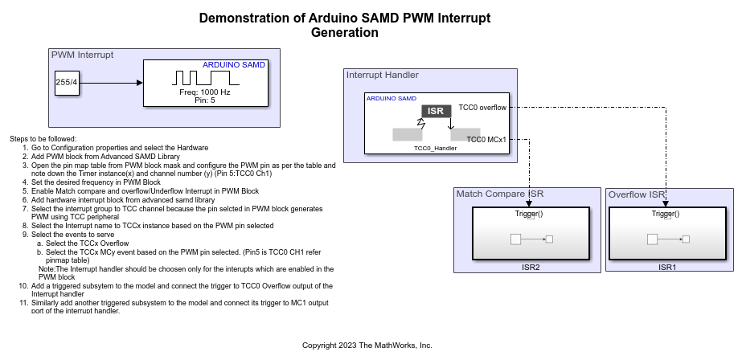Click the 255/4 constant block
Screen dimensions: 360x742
(x=67, y=83)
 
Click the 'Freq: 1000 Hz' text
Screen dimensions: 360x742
(x=204, y=92)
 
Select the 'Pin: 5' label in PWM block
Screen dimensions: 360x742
(x=204, y=100)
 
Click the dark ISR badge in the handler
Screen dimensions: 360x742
(x=435, y=111)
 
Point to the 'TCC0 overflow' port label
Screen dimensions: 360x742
(x=482, y=107)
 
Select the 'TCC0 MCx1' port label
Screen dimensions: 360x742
(x=486, y=139)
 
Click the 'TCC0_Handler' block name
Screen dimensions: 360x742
(x=435, y=148)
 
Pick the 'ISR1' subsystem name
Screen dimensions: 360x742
(x=667, y=266)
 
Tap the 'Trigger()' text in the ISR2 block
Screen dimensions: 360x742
(x=529, y=214)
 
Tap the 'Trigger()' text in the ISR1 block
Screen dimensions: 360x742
(x=666, y=214)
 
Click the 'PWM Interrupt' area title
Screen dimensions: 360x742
(x=82, y=55)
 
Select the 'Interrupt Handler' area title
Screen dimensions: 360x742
(x=382, y=76)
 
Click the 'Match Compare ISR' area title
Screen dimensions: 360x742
(x=500, y=194)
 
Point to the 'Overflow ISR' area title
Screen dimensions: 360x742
(x=637, y=194)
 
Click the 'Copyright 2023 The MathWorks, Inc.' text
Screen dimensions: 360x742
(x=367, y=346)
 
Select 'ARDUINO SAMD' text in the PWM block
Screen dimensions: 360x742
(x=233, y=64)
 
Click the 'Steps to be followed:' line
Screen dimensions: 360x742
(x=43, y=139)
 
